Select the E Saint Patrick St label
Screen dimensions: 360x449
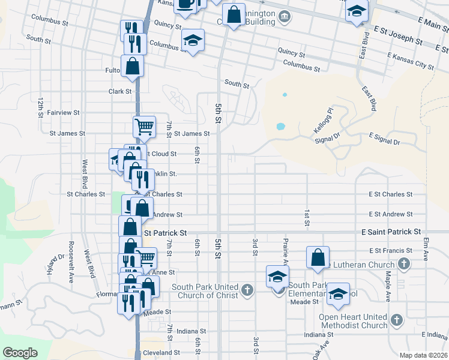pyautogui.click(x=391, y=232)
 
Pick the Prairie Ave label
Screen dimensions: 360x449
pyautogui.click(x=286, y=251)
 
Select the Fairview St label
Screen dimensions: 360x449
pyautogui.click(x=63, y=113)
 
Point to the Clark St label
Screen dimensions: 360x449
pyautogui.click(x=120, y=92)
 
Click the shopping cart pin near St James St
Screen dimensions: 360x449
pyautogui.click(x=144, y=127)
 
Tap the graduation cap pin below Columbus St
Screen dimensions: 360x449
pyautogui.click(x=193, y=41)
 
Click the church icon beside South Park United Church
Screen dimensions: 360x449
pyautogui.click(x=246, y=291)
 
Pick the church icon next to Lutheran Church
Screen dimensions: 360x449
pyautogui.click(x=404, y=264)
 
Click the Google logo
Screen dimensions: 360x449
pyautogui.click(x=20, y=353)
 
